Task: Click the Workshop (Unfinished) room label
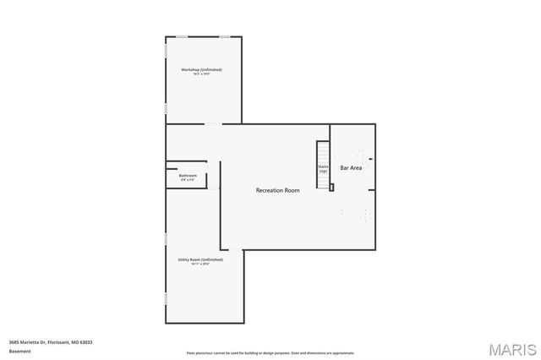point(202,69)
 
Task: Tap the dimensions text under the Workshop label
point(202,74)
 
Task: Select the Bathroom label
point(188,176)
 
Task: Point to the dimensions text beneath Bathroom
point(188,180)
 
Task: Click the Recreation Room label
point(278,191)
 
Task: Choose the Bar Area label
point(352,168)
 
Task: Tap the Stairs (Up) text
point(323,169)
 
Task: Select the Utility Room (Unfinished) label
point(199,259)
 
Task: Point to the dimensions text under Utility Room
point(199,265)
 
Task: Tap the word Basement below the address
point(19,350)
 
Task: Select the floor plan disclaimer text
point(270,353)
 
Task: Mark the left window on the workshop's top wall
point(182,36)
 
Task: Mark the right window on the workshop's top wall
point(225,36)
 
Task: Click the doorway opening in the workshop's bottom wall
point(213,125)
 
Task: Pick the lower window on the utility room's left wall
point(166,297)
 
